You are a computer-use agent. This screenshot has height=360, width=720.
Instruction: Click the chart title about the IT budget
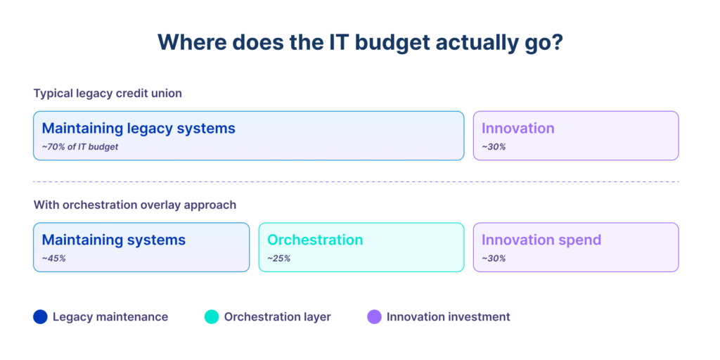pos(360,42)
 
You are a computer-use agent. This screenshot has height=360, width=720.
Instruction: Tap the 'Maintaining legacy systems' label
pos(139,128)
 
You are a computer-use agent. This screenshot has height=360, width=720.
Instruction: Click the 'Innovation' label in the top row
pos(517,128)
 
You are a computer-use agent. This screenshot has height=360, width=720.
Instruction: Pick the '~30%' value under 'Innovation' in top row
pos(494,146)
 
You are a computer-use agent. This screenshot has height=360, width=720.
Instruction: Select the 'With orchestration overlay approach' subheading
pos(134,205)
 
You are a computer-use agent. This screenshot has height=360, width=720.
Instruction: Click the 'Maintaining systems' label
pos(114,240)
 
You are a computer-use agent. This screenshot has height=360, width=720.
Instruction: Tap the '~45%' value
pos(53,258)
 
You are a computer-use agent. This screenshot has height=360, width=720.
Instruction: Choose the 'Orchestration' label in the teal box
pos(315,240)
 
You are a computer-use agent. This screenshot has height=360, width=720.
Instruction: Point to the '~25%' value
pos(278,258)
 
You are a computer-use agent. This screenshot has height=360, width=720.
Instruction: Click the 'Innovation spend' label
pos(541,240)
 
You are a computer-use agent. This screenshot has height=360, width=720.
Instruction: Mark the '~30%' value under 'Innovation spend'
pos(494,258)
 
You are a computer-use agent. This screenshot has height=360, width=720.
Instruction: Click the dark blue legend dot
pos(40,317)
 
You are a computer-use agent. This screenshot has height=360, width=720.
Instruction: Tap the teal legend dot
pos(212,317)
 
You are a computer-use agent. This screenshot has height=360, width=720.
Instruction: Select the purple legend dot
pos(374,317)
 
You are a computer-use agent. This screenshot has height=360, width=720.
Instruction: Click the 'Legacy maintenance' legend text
pos(110,317)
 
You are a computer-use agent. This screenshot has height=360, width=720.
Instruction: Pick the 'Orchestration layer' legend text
pos(277,317)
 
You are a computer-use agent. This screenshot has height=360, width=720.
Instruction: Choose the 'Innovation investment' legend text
pos(448,317)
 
